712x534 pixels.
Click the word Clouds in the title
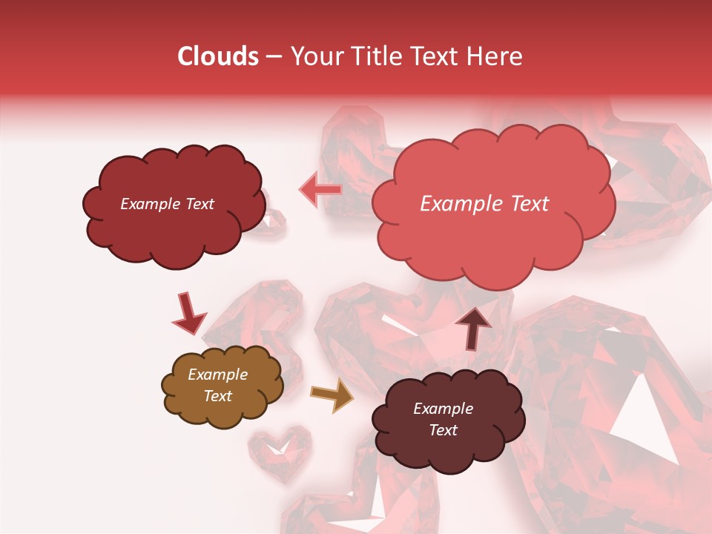tap(218, 56)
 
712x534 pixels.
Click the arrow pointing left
tap(320, 190)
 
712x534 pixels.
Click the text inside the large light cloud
tap(484, 204)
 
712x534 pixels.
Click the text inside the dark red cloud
tap(167, 204)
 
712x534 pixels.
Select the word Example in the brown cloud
tap(217, 375)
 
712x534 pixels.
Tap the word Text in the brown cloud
tap(217, 396)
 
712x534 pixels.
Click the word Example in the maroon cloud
tap(443, 409)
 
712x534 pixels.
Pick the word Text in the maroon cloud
tap(443, 430)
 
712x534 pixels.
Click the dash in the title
tap(274, 57)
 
